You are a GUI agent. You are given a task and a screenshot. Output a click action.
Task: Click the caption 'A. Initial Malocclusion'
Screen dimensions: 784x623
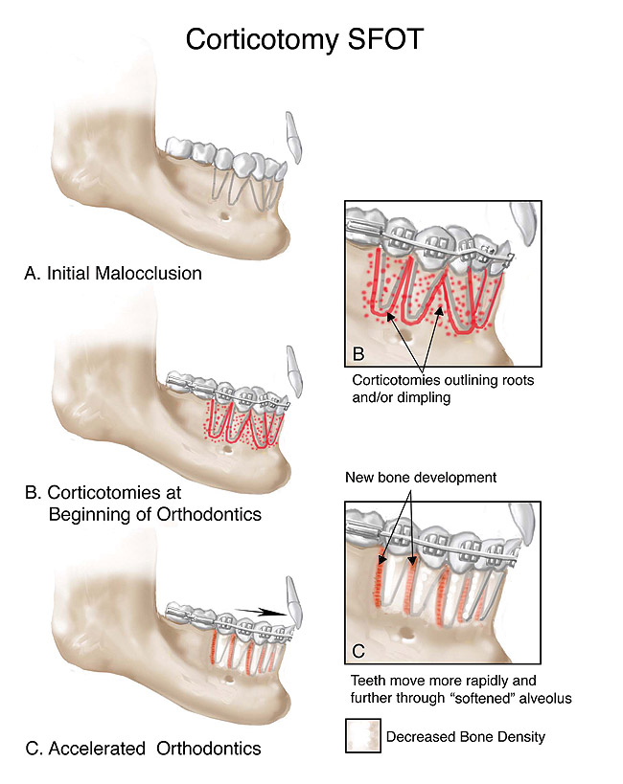point(112,273)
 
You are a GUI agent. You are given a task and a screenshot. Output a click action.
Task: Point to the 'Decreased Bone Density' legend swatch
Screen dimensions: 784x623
point(361,737)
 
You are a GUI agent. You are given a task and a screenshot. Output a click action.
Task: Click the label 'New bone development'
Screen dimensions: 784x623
point(420,477)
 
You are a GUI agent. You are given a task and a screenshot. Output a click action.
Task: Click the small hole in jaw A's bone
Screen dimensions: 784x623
point(226,215)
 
